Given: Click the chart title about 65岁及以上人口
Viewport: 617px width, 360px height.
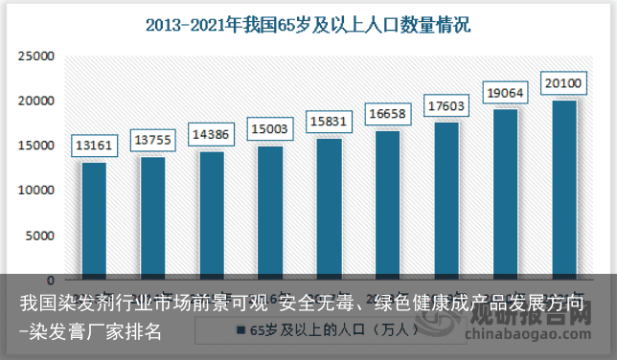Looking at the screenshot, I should coord(308,25).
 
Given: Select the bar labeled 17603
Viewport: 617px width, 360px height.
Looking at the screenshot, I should coord(446,200).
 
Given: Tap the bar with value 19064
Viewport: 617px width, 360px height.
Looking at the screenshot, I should coord(506,193).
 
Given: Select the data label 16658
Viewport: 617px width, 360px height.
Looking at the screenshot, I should coord(388,114).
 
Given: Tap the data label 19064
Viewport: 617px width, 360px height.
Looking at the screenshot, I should coord(506,93).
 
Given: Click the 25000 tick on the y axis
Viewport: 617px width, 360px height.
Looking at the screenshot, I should coord(34,56).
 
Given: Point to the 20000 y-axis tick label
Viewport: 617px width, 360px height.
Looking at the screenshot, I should coord(34,101).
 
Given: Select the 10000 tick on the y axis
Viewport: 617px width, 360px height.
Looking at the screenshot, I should coord(34,191).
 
